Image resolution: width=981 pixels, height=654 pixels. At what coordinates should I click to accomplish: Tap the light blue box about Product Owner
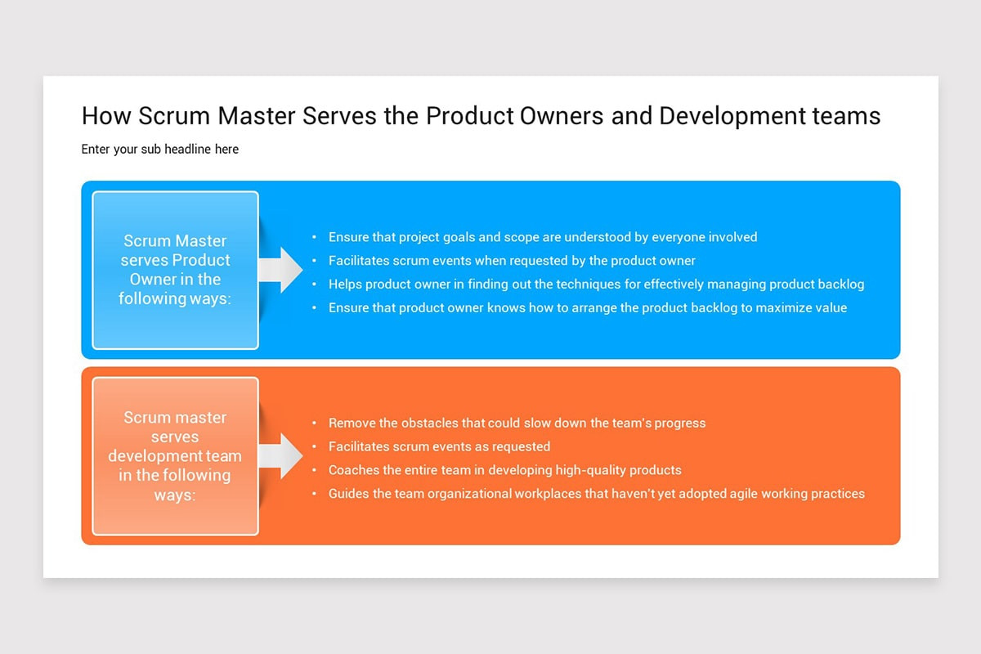tap(175, 270)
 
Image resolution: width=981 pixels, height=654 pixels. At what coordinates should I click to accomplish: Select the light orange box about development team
tap(175, 456)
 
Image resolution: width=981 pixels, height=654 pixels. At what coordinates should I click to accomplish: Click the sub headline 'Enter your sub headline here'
tap(160, 150)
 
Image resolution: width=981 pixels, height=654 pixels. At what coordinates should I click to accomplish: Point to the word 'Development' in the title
tap(720, 116)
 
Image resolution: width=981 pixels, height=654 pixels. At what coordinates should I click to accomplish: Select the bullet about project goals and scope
tap(543, 237)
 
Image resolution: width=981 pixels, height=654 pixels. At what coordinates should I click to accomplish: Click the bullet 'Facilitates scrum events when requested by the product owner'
tap(512, 261)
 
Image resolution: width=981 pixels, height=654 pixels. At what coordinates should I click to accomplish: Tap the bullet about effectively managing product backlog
tap(596, 284)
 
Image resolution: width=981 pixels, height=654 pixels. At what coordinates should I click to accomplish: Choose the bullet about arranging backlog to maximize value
tap(587, 308)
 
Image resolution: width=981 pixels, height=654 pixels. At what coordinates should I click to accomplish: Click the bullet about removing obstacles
tap(517, 423)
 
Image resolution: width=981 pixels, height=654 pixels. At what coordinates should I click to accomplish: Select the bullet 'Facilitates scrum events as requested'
tap(439, 447)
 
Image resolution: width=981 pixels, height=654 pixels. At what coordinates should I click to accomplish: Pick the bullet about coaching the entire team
tap(504, 470)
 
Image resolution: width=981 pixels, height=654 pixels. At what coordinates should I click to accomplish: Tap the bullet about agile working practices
tap(596, 494)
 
